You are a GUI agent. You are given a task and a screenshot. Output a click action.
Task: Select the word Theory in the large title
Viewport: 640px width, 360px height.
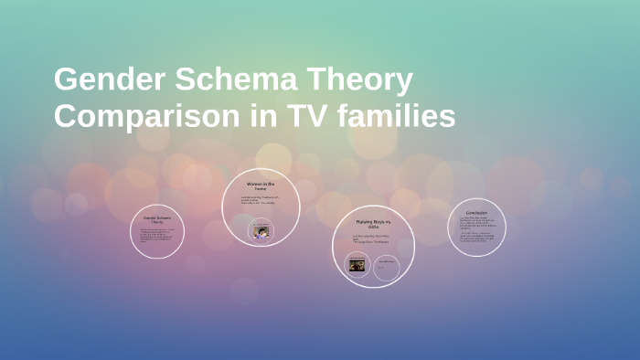(x=363, y=81)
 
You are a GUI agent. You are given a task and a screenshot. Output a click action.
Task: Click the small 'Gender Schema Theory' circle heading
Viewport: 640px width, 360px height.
(x=157, y=220)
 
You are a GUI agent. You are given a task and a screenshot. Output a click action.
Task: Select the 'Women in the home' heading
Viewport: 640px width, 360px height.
(x=260, y=185)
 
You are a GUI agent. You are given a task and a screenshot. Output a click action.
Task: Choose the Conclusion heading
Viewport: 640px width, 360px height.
(x=476, y=213)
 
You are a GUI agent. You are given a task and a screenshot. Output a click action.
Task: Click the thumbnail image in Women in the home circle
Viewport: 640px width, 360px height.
(x=261, y=229)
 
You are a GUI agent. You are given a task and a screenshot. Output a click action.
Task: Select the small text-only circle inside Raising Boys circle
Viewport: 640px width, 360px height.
(x=387, y=266)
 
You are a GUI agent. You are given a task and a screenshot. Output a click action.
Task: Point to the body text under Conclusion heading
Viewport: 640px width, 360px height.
(x=476, y=229)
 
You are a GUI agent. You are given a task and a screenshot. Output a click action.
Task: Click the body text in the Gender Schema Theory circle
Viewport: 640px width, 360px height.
(x=157, y=237)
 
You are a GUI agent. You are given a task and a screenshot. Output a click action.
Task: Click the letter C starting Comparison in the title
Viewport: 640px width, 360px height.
(x=66, y=118)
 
